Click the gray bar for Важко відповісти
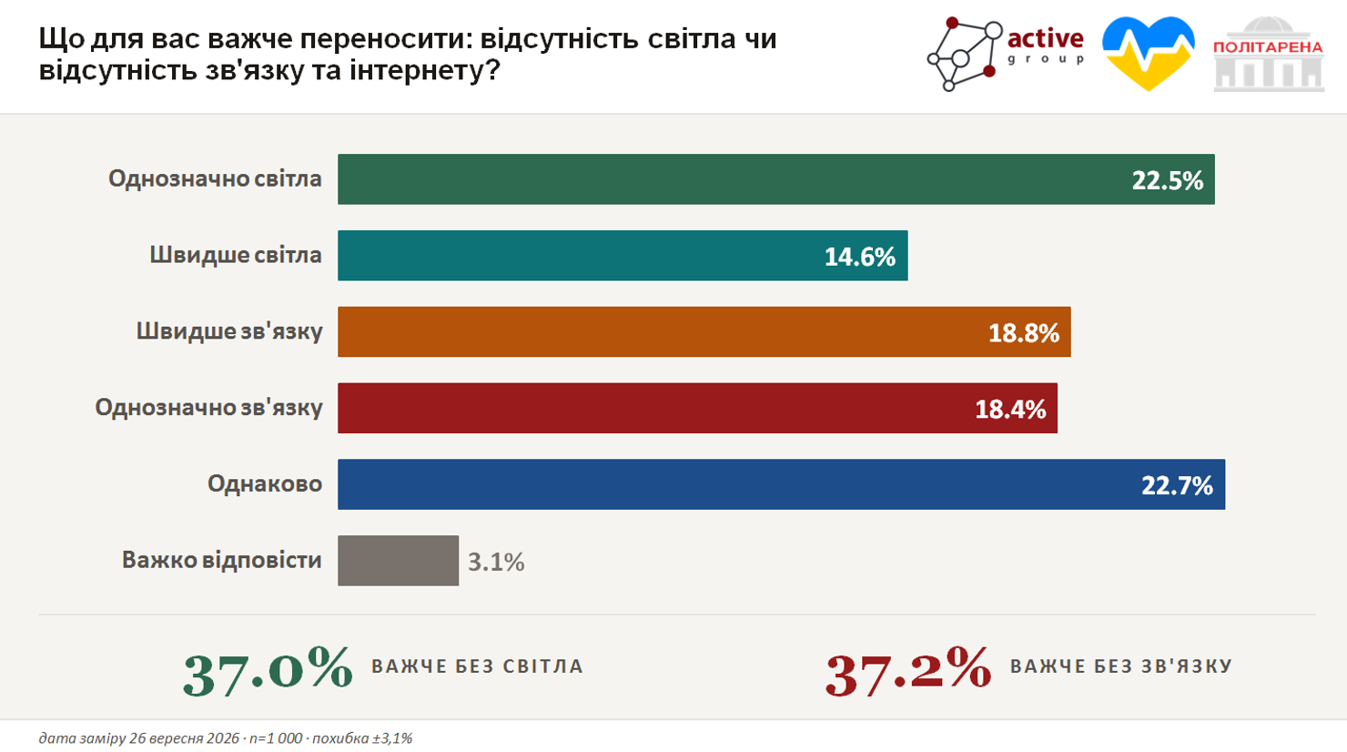coord(398,560)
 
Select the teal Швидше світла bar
coord(623,255)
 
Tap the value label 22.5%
coord(1167,180)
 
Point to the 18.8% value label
coord(1024,332)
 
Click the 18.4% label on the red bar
coord(1010,409)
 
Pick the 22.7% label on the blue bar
coord(1177,485)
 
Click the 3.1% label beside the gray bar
coord(496,562)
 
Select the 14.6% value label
coord(859,257)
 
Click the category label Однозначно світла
coord(215,178)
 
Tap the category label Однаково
coord(265,483)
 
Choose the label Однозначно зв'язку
coord(208,407)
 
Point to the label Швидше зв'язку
coord(229,330)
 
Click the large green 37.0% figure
coord(268,671)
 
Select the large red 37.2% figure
coord(908,671)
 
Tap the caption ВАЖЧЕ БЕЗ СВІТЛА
coord(478,666)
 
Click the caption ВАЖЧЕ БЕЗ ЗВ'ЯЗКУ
coord(1121,666)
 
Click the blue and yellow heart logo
coord(1149,54)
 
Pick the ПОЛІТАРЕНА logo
coord(1268,54)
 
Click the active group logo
coord(1006,54)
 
